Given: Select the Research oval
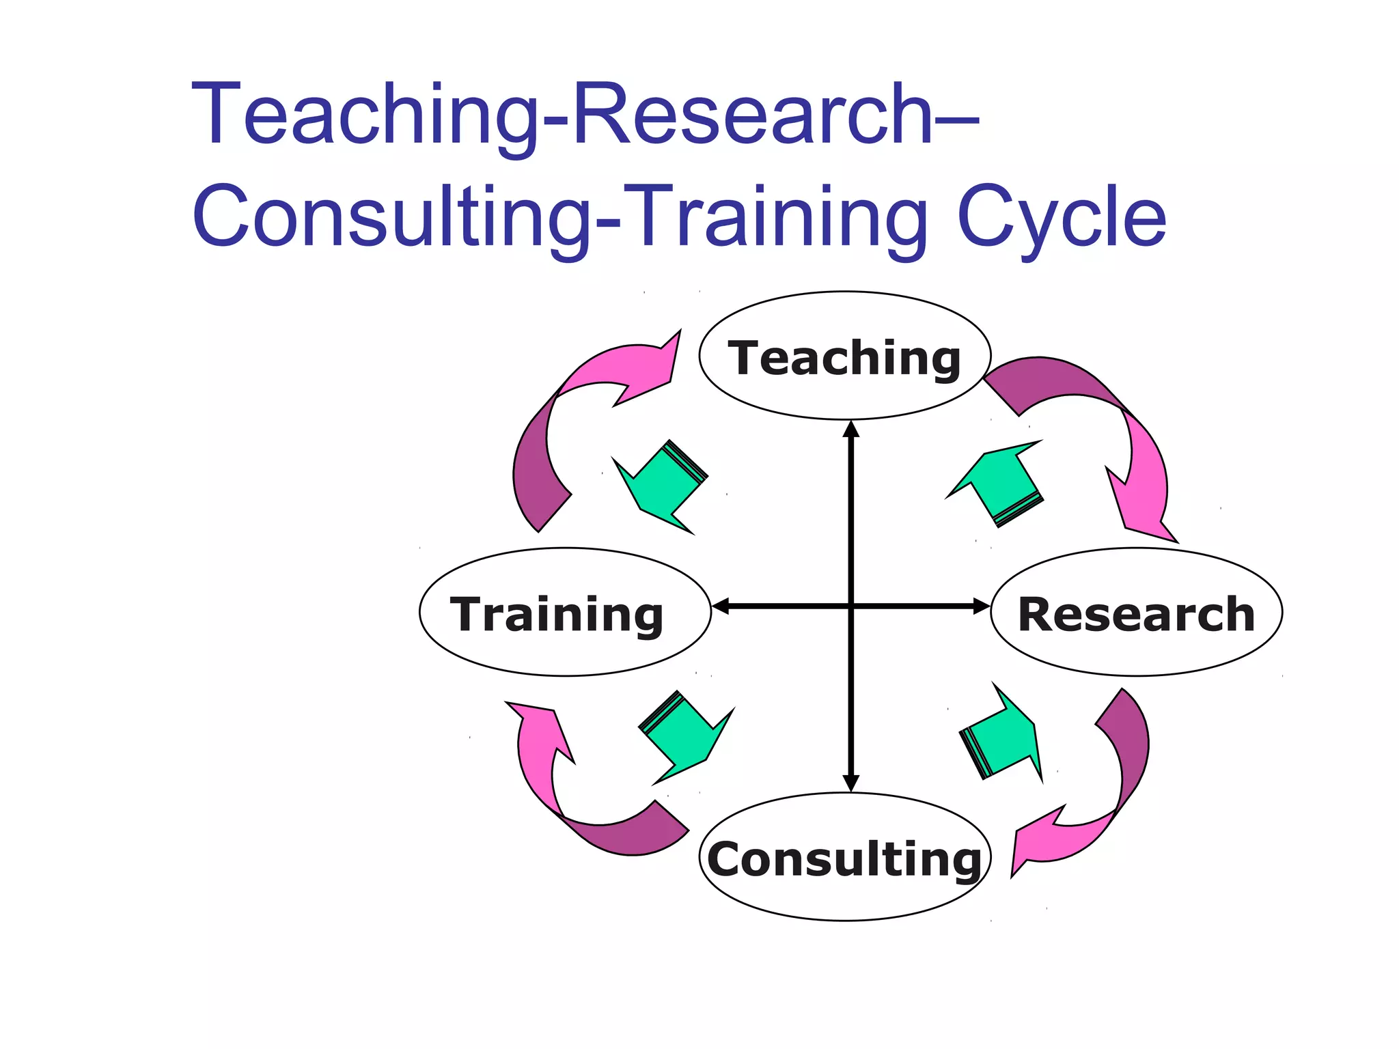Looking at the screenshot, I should [1136, 613].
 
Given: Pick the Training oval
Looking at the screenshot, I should [565, 613].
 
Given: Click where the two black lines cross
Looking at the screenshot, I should [850, 606].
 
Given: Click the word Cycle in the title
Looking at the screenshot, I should [1062, 217].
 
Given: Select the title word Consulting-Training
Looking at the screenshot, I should [560, 217].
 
